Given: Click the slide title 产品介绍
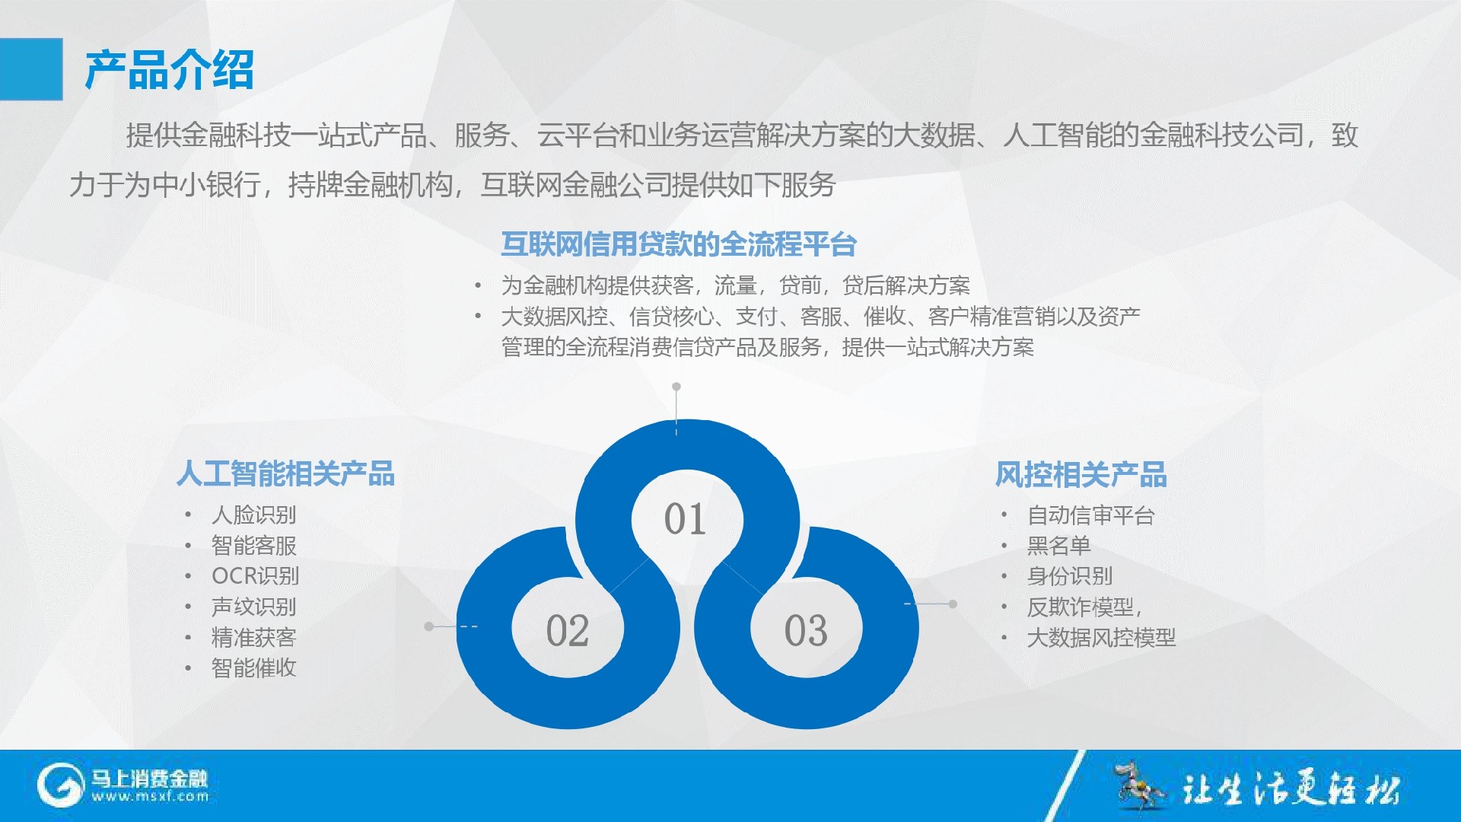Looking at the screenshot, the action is pyautogui.click(x=169, y=70).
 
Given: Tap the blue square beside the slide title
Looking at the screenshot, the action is pyautogui.click(x=31, y=69).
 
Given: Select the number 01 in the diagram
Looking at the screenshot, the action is pyautogui.click(x=685, y=519).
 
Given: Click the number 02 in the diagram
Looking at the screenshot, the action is pyautogui.click(x=568, y=630).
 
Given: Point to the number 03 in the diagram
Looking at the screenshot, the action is pyautogui.click(x=806, y=630).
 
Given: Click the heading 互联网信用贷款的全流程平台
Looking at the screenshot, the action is pyautogui.click(x=679, y=244).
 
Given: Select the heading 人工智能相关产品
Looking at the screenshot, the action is pyautogui.click(x=285, y=473).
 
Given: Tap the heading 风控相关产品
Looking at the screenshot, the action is pyautogui.click(x=1081, y=474).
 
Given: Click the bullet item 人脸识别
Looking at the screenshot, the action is pyautogui.click(x=253, y=515).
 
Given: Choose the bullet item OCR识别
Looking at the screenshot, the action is pyautogui.click(x=255, y=576).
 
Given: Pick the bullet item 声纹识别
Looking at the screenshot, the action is pyautogui.click(x=253, y=607).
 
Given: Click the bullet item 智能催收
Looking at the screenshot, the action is pyautogui.click(x=253, y=668).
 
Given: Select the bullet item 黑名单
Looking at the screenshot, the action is pyautogui.click(x=1058, y=546).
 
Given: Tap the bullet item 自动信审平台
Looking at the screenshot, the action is pyautogui.click(x=1090, y=515).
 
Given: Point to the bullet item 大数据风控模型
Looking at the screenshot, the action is pyautogui.click(x=1101, y=638).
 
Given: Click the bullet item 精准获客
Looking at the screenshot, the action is pyautogui.click(x=253, y=637).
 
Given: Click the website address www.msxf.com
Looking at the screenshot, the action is pyautogui.click(x=150, y=797).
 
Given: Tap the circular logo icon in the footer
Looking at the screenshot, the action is pyautogui.click(x=60, y=785).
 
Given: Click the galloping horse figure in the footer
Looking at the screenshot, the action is pyautogui.click(x=1138, y=784).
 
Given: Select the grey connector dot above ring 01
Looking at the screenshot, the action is pyautogui.click(x=676, y=387).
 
